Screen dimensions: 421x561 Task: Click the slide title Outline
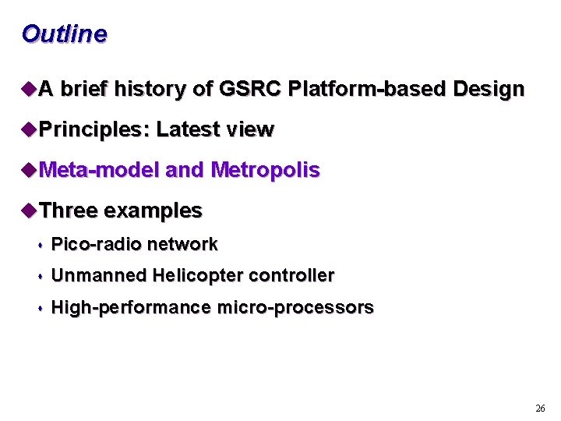click(x=64, y=34)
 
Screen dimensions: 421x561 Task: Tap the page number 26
click(x=540, y=409)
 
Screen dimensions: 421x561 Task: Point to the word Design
click(x=487, y=90)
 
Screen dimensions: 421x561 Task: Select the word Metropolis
click(x=265, y=170)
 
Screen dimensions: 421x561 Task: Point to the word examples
click(x=153, y=211)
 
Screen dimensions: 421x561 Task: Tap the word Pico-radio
click(x=96, y=245)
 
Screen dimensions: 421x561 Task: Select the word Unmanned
click(x=99, y=275)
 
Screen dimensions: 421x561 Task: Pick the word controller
click(x=291, y=275)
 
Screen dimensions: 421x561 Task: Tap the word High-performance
click(x=130, y=308)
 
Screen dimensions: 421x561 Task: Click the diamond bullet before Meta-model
click(x=30, y=170)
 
